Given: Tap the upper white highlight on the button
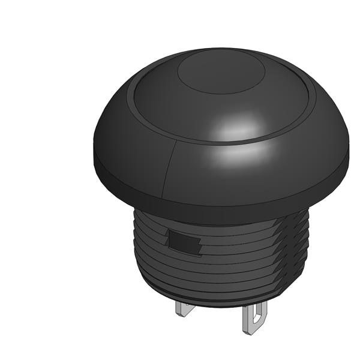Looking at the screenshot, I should click(241, 128).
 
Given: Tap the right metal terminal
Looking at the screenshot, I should click(254, 318).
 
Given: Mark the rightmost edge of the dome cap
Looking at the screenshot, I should click(349, 153).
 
